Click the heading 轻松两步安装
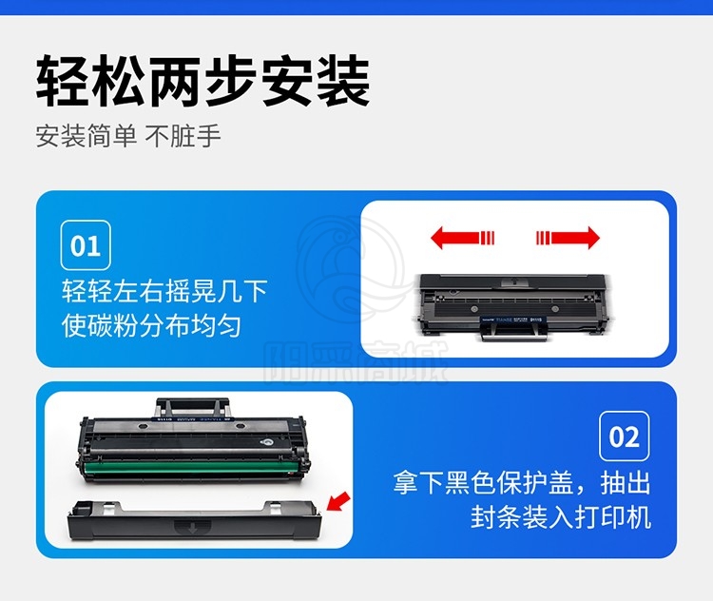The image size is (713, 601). tap(202, 81)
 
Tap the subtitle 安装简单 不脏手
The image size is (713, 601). tap(128, 136)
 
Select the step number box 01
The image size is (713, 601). tap(86, 245)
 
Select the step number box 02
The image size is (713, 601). tap(625, 436)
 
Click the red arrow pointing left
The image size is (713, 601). tap(462, 238)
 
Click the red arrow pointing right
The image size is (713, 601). tap(568, 238)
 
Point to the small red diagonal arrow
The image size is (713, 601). tap(338, 501)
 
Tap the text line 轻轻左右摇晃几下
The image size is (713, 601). tap(164, 291)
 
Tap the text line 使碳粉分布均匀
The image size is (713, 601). tap(151, 326)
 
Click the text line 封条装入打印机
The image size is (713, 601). tap(561, 516)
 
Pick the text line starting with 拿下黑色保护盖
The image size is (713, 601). tap(522, 483)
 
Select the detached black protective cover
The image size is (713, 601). tap(194, 520)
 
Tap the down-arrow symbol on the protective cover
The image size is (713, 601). tap(192, 528)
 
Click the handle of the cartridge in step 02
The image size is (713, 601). tap(192, 407)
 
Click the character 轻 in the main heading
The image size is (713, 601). tap(63, 81)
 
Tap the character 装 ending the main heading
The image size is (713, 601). tap(343, 81)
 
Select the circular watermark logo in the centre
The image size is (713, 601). tap(349, 268)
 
